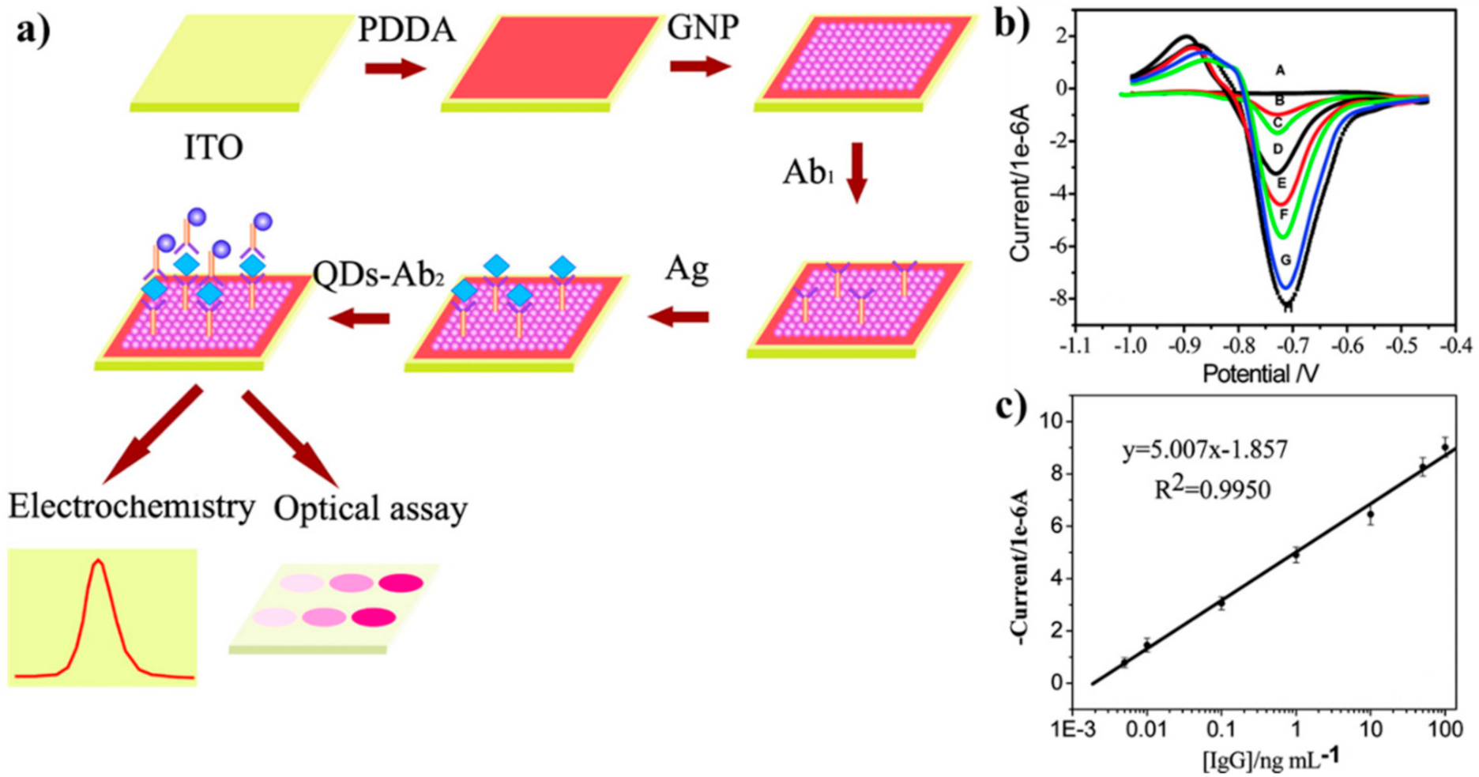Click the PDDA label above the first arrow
[407, 30]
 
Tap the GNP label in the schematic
[702, 28]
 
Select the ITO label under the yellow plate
[213, 148]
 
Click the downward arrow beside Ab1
[856, 172]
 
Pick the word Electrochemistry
[131, 507]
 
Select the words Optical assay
[371, 508]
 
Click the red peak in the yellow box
[98, 563]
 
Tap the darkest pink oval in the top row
[401, 583]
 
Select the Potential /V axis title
[1260, 374]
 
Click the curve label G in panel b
[1285, 260]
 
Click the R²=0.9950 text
[1212, 490]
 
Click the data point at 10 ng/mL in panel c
[1371, 515]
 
